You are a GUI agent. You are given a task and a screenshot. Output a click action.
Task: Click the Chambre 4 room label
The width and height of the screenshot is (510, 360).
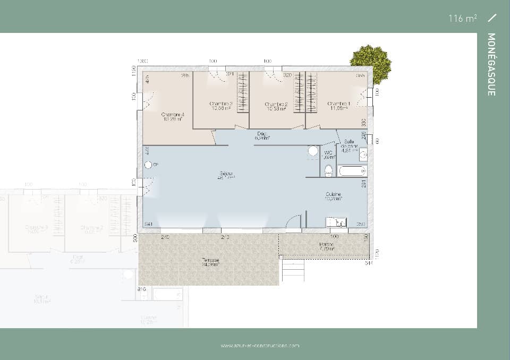172,117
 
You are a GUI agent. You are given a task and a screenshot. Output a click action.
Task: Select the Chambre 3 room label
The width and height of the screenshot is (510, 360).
220,106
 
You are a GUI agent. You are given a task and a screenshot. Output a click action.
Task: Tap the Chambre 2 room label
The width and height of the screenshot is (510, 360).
276,106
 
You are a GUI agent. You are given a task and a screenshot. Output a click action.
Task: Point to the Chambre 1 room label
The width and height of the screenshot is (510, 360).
338,106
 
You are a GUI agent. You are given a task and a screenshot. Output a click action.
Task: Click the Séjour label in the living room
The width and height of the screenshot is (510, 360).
226,176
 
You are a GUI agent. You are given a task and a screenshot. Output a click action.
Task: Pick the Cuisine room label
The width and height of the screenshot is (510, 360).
334,196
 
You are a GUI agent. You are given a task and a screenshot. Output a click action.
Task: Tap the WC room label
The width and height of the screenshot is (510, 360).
329,155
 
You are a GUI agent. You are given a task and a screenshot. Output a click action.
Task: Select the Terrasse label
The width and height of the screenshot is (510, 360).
210,262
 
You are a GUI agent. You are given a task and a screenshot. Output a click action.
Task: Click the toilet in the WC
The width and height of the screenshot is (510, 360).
328,170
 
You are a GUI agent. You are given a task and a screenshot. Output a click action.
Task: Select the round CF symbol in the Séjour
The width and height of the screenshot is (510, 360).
148,165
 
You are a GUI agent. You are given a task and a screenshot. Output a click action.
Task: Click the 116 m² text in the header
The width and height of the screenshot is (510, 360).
462,19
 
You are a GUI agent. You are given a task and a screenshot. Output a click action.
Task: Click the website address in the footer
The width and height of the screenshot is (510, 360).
260,346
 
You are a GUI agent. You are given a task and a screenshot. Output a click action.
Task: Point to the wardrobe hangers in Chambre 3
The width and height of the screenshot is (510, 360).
242,92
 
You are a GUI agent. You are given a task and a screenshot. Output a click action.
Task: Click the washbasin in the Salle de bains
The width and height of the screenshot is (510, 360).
363,155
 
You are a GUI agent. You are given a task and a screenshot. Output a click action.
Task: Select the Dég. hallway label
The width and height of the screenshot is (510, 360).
262,136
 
